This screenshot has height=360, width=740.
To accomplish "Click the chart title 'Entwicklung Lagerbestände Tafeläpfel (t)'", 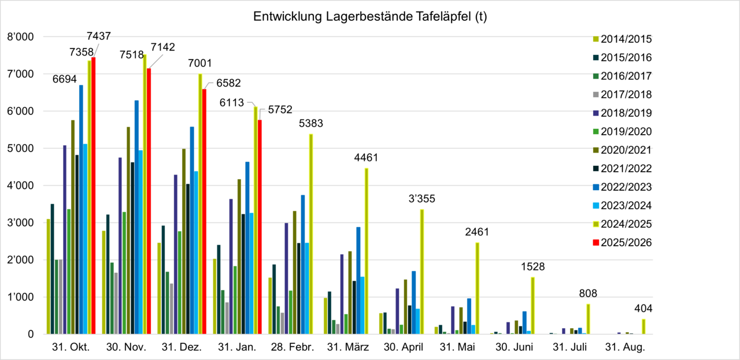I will (x=370, y=17).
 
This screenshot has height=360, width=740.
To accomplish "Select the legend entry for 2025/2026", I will (x=626, y=243).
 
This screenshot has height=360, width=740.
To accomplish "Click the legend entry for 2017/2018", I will (x=626, y=95).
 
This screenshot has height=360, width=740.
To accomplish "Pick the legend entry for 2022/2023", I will (x=626, y=187).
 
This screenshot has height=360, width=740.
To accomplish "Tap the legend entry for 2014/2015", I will (x=626, y=39).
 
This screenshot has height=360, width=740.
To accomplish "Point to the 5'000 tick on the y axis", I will (x=23, y=149).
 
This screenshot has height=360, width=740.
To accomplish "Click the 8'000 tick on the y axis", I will (x=23, y=37).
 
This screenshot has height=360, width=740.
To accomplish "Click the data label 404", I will (x=643, y=308).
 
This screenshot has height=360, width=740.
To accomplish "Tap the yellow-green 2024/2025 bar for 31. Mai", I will (x=478, y=288).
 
